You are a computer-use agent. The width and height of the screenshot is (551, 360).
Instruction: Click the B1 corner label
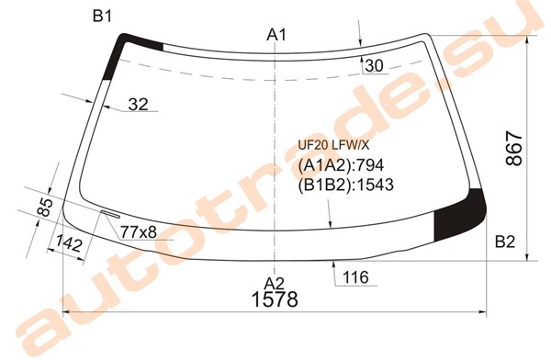pyautogui.click(x=102, y=17)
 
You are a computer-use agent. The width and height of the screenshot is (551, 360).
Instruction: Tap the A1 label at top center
pyautogui.click(x=276, y=35)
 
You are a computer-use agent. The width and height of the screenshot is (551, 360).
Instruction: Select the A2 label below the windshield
pyautogui.click(x=275, y=283)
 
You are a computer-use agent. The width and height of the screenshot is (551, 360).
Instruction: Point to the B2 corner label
pyautogui.click(x=504, y=242)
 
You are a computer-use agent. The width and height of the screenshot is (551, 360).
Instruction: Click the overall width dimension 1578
pyautogui.click(x=275, y=299)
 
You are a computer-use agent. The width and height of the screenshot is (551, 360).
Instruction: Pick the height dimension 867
pyautogui.click(x=514, y=149)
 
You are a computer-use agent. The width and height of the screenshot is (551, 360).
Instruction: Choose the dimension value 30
pyautogui.click(x=375, y=65)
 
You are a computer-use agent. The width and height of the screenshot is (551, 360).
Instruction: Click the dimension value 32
pyautogui.click(x=138, y=104)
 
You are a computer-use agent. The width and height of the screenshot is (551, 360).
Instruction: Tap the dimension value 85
pyautogui.click(x=45, y=207)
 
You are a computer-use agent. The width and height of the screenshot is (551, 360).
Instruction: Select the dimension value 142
pyautogui.click(x=69, y=242)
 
